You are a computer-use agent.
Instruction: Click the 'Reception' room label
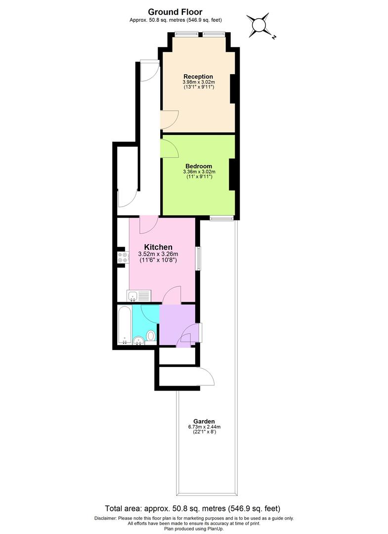(198, 76)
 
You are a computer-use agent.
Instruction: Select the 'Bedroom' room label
(199, 166)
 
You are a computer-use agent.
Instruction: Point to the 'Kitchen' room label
(158, 247)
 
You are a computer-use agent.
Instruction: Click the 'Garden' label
(204, 421)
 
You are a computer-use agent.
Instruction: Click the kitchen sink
(138, 296)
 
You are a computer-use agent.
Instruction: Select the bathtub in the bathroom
(125, 325)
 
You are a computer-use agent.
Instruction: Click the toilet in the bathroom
(151, 336)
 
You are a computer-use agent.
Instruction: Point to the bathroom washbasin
(138, 339)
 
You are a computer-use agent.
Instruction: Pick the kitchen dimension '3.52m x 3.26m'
(158, 255)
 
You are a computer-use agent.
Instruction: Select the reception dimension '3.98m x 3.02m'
(198, 82)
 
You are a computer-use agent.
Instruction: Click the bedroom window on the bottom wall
(221, 218)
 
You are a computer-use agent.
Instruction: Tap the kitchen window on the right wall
(198, 258)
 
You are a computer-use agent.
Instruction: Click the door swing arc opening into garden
(207, 377)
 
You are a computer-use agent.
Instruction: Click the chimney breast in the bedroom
(231, 174)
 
